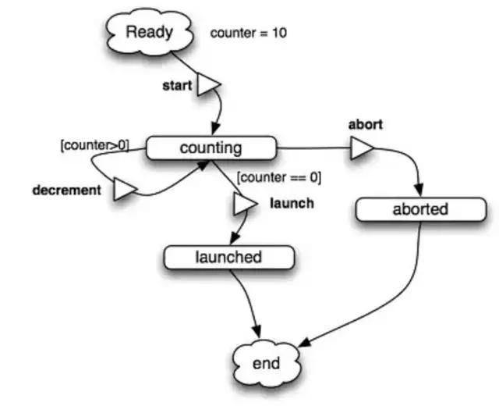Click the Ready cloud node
(148, 33)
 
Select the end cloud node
(266, 363)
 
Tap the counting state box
(211, 148)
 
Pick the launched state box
(228, 257)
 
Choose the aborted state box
(419, 209)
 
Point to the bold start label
(176, 85)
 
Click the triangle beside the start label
(207, 84)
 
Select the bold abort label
(365, 125)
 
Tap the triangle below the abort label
(360, 148)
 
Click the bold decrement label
(66, 190)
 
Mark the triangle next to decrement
(125, 188)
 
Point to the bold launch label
(292, 204)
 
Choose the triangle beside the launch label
(243, 204)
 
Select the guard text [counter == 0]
(278, 177)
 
